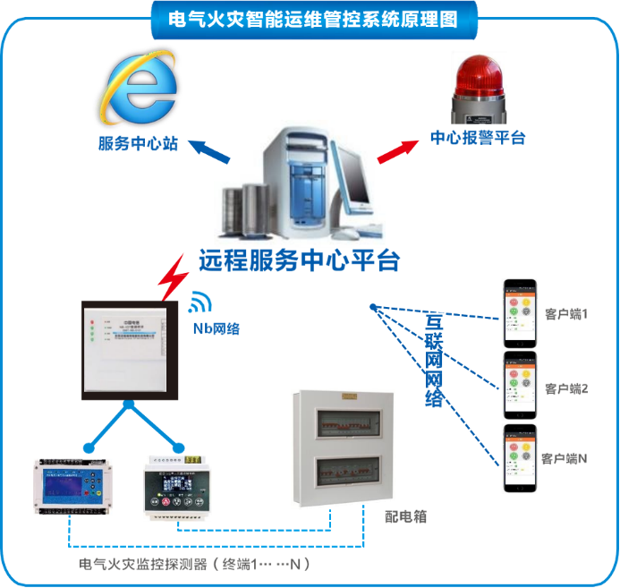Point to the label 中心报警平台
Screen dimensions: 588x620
coord(478,138)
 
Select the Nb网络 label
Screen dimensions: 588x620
coord(217,328)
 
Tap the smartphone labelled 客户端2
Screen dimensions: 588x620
coord(521,385)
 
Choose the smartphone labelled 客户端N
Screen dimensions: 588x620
coord(520,457)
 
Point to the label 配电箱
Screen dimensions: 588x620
coord(405,516)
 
